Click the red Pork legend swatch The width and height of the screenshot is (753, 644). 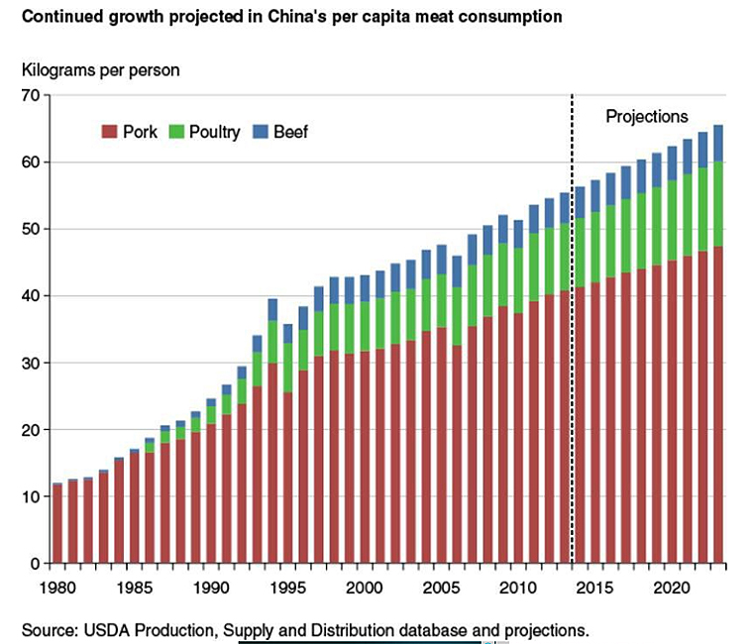tap(110, 132)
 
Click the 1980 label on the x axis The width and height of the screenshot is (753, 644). tap(56, 586)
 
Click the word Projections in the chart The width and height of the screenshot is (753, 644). tap(646, 116)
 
